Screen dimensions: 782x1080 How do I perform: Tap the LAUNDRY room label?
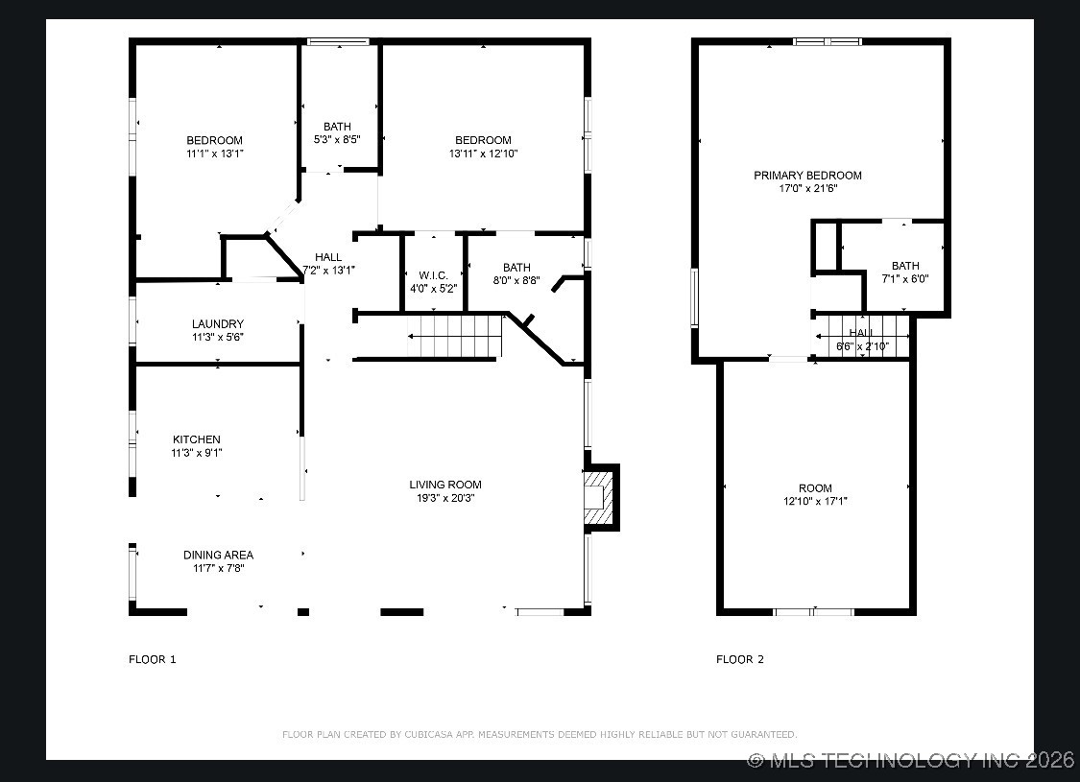tap(217, 324)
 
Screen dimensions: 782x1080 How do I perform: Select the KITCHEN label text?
tap(196, 439)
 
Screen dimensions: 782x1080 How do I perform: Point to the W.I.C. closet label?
tap(433, 275)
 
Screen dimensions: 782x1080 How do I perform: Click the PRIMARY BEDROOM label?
tap(807, 176)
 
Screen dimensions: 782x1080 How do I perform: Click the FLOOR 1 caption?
tap(153, 659)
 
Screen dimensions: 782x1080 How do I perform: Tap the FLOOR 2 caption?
tap(740, 659)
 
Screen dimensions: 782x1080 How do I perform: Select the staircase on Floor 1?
tap(456, 336)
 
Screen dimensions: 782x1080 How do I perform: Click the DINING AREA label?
tap(218, 555)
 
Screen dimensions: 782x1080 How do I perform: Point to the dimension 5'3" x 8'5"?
tap(337, 139)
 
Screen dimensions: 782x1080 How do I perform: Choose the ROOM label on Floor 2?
tap(815, 488)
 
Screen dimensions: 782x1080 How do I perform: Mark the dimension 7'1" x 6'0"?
tap(904, 279)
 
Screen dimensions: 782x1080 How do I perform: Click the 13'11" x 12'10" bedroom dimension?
tap(483, 154)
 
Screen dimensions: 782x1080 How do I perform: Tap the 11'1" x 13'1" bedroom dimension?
tap(214, 154)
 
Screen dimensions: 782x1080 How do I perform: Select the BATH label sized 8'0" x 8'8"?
tap(516, 268)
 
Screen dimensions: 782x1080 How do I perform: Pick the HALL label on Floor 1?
tap(328, 257)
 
